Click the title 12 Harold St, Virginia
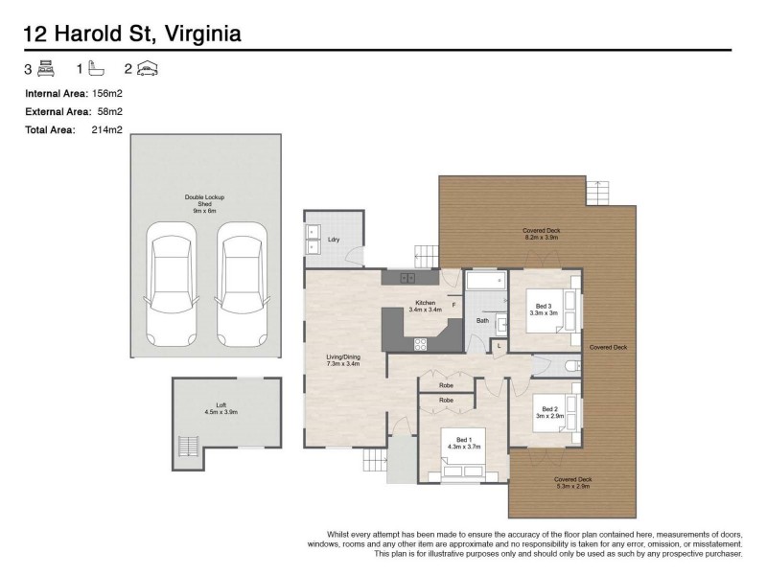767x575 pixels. pos(131,34)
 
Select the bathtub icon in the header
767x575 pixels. pos(96,69)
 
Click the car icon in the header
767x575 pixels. pos(147,69)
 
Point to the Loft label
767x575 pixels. pos(221,408)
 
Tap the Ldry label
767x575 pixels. pos(334,239)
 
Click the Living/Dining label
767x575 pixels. pos(342,359)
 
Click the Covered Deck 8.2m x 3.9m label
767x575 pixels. pos(540,234)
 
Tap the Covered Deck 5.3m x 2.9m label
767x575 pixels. pos(572,482)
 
